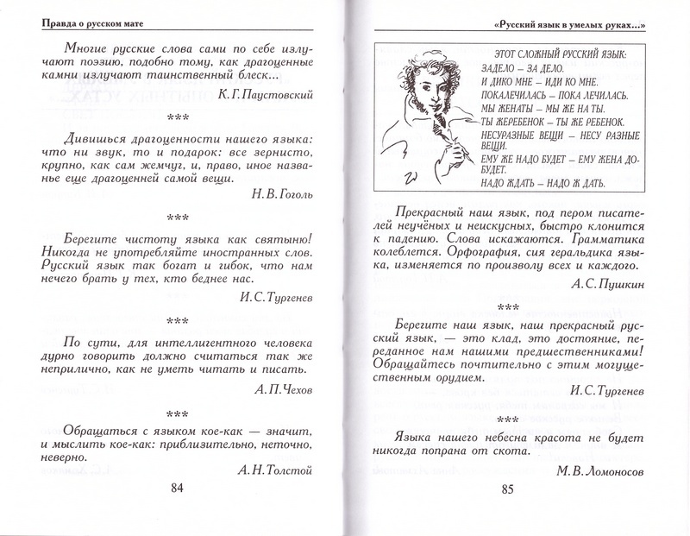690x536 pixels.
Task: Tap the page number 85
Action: pyautogui.click(x=506, y=490)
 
